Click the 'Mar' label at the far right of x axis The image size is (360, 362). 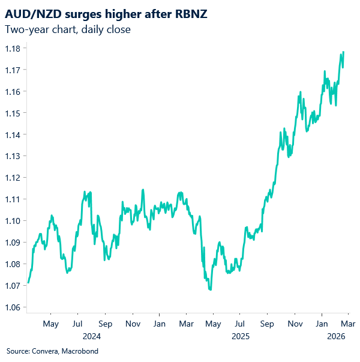point(349,325)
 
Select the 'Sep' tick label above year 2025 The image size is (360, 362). point(267,325)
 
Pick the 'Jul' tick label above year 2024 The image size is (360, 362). point(78,325)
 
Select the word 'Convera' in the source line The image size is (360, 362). point(44,351)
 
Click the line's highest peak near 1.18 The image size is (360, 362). point(343,52)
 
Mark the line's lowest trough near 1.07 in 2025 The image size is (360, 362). point(210,289)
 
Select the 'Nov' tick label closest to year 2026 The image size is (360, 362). point(295,325)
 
